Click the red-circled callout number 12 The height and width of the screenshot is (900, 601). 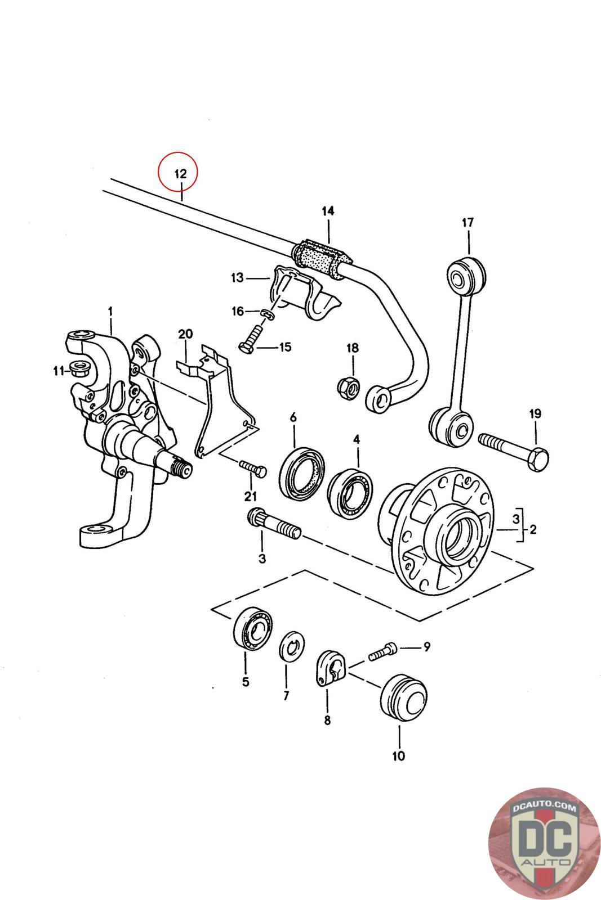click(x=181, y=174)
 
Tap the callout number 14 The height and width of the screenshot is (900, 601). click(x=328, y=211)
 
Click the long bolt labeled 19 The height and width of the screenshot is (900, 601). click(x=514, y=452)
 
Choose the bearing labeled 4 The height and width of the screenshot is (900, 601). click(x=349, y=491)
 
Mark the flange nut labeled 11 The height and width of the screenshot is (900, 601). click(x=80, y=368)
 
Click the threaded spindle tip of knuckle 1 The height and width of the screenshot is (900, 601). click(x=182, y=467)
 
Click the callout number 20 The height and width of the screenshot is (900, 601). click(x=185, y=334)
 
